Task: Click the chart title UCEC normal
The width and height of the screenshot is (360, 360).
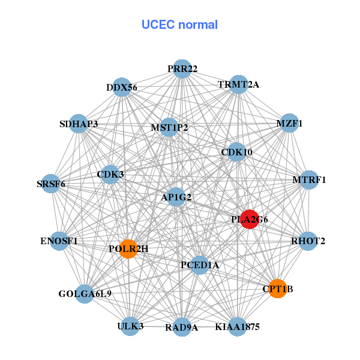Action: pos(179,25)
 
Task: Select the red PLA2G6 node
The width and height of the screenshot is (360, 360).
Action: pos(249,220)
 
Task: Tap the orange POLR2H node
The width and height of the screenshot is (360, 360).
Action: pos(128,248)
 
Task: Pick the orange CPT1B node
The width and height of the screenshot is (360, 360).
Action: pos(277,289)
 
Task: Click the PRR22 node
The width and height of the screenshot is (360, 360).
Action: pos(182,69)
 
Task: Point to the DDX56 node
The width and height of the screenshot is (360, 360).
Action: pos(122,87)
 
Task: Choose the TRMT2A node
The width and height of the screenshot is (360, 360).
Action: pos(239,85)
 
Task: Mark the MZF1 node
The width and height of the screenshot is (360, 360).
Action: pos(289,123)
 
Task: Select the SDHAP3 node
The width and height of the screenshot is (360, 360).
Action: pos(79,124)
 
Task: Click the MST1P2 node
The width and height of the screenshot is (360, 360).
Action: pos(169,127)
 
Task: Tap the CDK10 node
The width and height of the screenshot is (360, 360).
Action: pos(236,152)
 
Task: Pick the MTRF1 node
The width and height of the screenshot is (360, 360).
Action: pos(308,179)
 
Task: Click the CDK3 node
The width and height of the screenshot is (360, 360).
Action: pos(110,175)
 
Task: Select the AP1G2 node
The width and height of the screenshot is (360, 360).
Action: pos(176,196)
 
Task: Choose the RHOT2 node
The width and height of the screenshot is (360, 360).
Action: pos(308,241)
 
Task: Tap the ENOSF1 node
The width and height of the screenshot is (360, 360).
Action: pos(59,241)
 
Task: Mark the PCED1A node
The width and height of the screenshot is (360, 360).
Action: pos(200,265)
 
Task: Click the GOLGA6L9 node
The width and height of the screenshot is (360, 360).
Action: pos(85,293)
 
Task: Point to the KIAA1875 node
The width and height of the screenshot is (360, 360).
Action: pos(237,327)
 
